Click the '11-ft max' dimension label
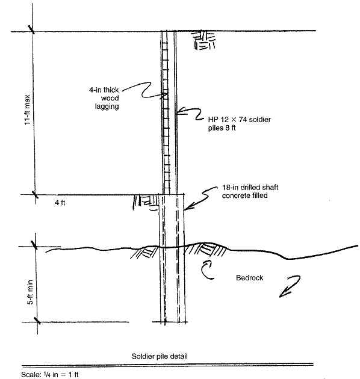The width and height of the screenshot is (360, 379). pyautogui.click(x=27, y=109)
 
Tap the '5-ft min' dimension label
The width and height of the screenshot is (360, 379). pyautogui.click(x=30, y=292)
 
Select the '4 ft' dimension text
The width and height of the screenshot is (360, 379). pyautogui.click(x=60, y=203)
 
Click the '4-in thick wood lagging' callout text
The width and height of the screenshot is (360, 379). pyautogui.click(x=104, y=98)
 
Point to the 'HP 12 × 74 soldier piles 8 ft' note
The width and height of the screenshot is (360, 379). pyautogui.click(x=240, y=123)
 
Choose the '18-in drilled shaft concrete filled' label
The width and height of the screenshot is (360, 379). pyautogui.click(x=250, y=191)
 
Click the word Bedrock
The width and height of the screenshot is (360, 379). pyautogui.click(x=249, y=278)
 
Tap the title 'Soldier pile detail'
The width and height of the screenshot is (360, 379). pyautogui.click(x=160, y=356)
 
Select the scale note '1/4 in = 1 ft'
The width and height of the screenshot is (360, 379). pyautogui.click(x=61, y=374)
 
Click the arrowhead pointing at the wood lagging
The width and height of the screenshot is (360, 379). pyautogui.click(x=165, y=95)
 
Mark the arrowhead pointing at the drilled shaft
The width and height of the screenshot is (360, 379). pyautogui.click(x=188, y=206)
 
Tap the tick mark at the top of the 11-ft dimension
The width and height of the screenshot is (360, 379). pyautogui.click(x=32, y=29)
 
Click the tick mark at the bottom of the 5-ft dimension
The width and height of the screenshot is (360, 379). pyautogui.click(x=37, y=321)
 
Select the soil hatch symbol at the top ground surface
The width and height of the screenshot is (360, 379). pyautogui.click(x=203, y=40)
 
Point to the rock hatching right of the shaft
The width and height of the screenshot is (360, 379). pyautogui.click(x=205, y=249)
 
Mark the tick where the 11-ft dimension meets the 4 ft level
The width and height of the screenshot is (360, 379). pyautogui.click(x=36, y=194)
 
